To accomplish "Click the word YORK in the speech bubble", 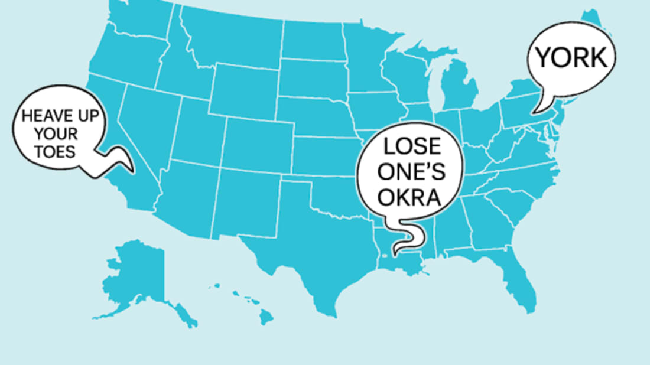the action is pos(571,58).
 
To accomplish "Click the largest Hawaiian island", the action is pos(266,318).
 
